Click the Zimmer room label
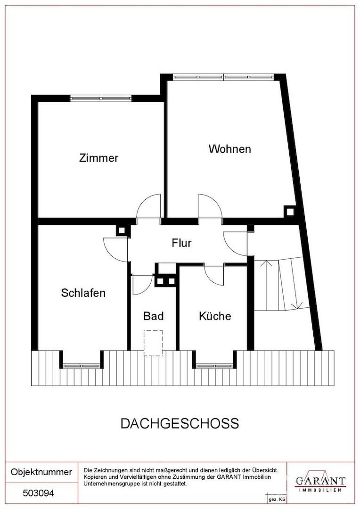pos(98,158)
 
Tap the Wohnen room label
pos(230,149)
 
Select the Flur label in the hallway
pos(182,243)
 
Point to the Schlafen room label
pos(83,293)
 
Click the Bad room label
pos(154,316)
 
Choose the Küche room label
pos(215,316)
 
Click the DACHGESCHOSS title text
pos(180,424)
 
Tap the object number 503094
pos(39,493)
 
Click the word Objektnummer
pos(41,472)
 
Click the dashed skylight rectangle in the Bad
pos(153,343)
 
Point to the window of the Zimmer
pos(101,99)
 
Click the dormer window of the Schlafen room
pos(82,366)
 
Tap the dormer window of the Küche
pos(214,366)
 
